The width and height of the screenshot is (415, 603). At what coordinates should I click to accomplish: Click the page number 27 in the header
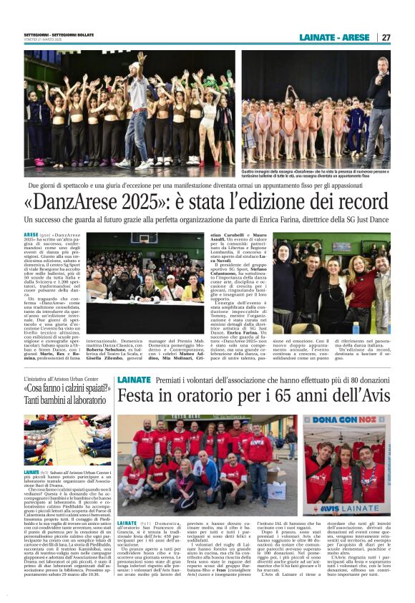(x=386, y=37)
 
